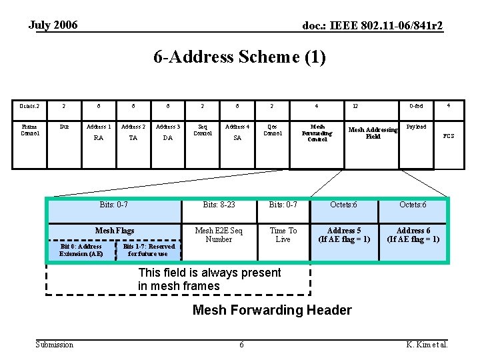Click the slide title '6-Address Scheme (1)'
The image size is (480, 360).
pyautogui.click(x=239, y=58)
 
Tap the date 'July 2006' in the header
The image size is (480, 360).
pyautogui.click(x=53, y=25)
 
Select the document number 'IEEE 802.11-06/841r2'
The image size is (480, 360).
pyautogui.click(x=373, y=26)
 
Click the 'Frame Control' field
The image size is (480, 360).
pyautogui.click(x=30, y=129)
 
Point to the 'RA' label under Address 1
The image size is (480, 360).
pyautogui.click(x=98, y=139)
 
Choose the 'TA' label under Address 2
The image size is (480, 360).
pyautogui.click(x=133, y=139)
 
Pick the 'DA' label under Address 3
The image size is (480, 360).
pyautogui.click(x=168, y=139)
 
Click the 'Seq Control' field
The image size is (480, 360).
pyautogui.click(x=203, y=129)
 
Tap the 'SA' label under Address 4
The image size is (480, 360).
pyautogui.click(x=237, y=139)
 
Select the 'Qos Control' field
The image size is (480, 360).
pyautogui.click(x=272, y=129)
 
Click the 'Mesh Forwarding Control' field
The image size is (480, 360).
pyautogui.click(x=317, y=132)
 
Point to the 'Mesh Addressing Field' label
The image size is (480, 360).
pyautogui.click(x=373, y=133)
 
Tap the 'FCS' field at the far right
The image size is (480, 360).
pyautogui.click(x=449, y=136)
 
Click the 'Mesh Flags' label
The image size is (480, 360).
pyautogui.click(x=115, y=231)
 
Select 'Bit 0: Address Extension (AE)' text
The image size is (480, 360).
pyautogui.click(x=81, y=250)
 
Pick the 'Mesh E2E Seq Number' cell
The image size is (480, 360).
pyautogui.click(x=219, y=235)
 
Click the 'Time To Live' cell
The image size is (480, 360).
pyautogui.click(x=283, y=235)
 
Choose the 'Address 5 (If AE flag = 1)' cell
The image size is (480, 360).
pyautogui.click(x=344, y=235)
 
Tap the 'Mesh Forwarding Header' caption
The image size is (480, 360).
pyautogui.click(x=271, y=310)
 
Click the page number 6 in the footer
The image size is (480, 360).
pyautogui.click(x=241, y=344)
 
